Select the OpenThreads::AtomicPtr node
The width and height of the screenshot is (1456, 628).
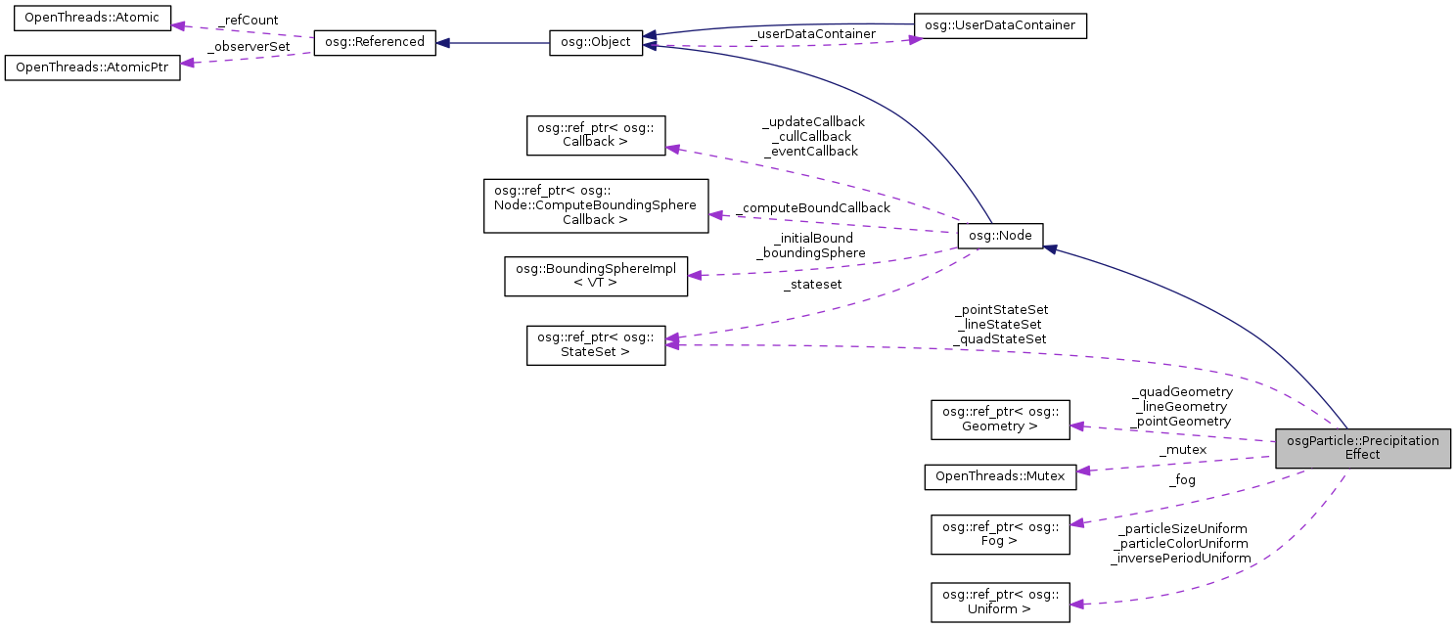click(x=92, y=68)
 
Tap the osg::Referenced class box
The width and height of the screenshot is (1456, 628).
click(x=374, y=42)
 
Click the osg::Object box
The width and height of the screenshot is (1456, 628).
click(x=596, y=42)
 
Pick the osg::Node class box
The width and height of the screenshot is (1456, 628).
click(x=1000, y=236)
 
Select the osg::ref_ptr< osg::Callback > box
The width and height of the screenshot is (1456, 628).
click(x=596, y=135)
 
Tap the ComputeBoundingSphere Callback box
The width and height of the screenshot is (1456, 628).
click(x=596, y=205)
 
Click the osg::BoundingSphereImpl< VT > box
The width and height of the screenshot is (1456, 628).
click(x=596, y=276)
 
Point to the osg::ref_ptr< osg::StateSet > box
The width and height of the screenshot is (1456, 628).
click(x=596, y=345)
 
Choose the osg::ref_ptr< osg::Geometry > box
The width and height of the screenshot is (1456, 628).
click(x=1000, y=419)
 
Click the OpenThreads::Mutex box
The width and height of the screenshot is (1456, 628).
click(x=1000, y=476)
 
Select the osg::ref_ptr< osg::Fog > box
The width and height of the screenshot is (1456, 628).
click(x=1000, y=533)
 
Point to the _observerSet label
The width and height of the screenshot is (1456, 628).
click(x=249, y=46)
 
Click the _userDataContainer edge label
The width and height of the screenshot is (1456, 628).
click(x=812, y=34)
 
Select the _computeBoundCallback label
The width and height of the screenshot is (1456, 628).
click(x=814, y=207)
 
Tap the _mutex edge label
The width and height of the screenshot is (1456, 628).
click(x=1182, y=450)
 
